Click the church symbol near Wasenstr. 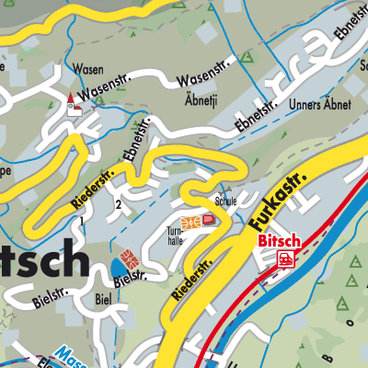coord(73,104)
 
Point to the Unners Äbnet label coord(321,106)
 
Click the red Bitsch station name coord(279,240)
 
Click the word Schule coord(226,200)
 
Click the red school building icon coord(209,220)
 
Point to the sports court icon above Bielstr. coord(128,255)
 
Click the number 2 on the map coord(120,203)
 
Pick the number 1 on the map coord(83,222)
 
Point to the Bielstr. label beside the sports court coord(128,276)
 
